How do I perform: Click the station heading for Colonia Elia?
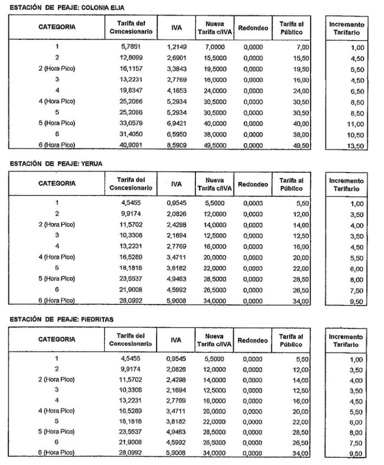pos(67,7)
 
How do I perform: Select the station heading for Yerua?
pos(55,164)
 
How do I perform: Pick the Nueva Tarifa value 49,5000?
pos(213,145)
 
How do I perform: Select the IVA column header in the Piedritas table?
pos(176,340)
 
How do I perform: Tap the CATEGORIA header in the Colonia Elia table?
pos(57,28)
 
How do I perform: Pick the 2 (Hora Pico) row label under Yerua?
pos(57,224)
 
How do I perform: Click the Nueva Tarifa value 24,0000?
pos(213,90)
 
